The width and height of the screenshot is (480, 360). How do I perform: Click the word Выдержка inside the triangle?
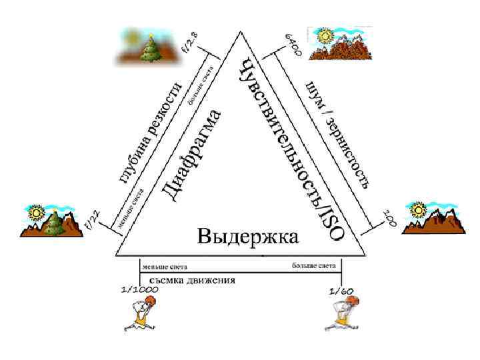(x=247, y=237)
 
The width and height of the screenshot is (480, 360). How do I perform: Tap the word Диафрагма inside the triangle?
(x=193, y=153)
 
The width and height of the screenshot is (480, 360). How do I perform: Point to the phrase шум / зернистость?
(x=337, y=133)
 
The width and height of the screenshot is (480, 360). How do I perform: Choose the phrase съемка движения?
(x=188, y=281)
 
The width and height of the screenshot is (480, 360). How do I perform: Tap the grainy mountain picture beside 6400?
(x=339, y=43)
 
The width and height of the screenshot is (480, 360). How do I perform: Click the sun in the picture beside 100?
(x=419, y=209)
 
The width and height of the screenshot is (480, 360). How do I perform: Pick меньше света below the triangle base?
(x=164, y=266)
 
